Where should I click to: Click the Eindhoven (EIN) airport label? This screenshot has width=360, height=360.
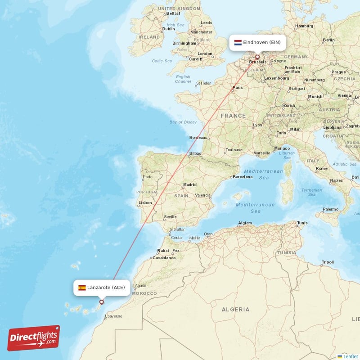(262, 43)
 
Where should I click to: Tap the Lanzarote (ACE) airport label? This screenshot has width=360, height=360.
(106, 288)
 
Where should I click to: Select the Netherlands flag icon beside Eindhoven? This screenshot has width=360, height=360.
(238, 43)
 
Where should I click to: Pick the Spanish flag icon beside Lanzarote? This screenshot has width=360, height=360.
(82, 288)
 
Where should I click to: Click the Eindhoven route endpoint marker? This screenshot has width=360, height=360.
(257, 57)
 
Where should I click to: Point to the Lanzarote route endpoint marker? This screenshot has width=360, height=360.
(101, 302)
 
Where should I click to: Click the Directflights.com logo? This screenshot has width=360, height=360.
(34, 338)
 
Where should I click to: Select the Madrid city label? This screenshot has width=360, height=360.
(190, 184)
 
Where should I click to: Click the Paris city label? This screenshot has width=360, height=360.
(237, 87)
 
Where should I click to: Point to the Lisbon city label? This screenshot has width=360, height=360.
(145, 203)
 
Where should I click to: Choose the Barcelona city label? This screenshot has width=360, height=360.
(243, 177)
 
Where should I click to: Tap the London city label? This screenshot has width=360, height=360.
(205, 54)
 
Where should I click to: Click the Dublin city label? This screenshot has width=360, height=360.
(168, 29)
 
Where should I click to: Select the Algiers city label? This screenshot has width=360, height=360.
(245, 223)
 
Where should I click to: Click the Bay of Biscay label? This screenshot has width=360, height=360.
(183, 122)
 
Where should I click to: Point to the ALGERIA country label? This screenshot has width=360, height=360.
(235, 309)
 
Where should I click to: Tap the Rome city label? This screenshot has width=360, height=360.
(321, 168)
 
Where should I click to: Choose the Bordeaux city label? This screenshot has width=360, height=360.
(198, 138)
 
